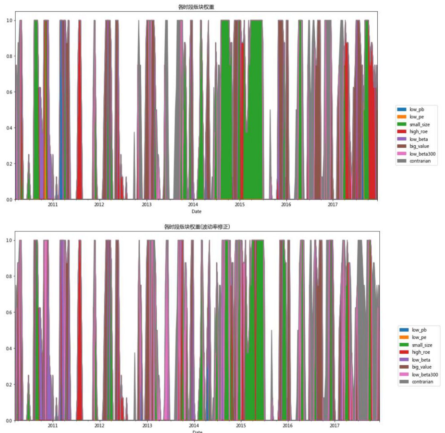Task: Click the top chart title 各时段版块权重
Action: (196, 7)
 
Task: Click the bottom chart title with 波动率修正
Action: (197, 227)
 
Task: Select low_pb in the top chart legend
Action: (416, 109)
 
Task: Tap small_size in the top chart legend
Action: (419, 124)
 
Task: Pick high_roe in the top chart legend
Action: (418, 132)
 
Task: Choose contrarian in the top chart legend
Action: (420, 161)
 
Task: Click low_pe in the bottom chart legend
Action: (419, 337)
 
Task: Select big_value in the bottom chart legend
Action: (421, 367)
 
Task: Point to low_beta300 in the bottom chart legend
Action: (424, 375)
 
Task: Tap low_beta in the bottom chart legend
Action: (421, 360)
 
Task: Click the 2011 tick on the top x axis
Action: (53, 205)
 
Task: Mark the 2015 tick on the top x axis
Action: (240, 205)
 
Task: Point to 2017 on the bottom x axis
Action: (334, 426)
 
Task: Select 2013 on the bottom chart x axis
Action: (147, 426)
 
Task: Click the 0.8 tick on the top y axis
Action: (9, 56)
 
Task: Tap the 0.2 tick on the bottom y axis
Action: (9, 385)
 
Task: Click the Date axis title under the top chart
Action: (196, 212)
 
